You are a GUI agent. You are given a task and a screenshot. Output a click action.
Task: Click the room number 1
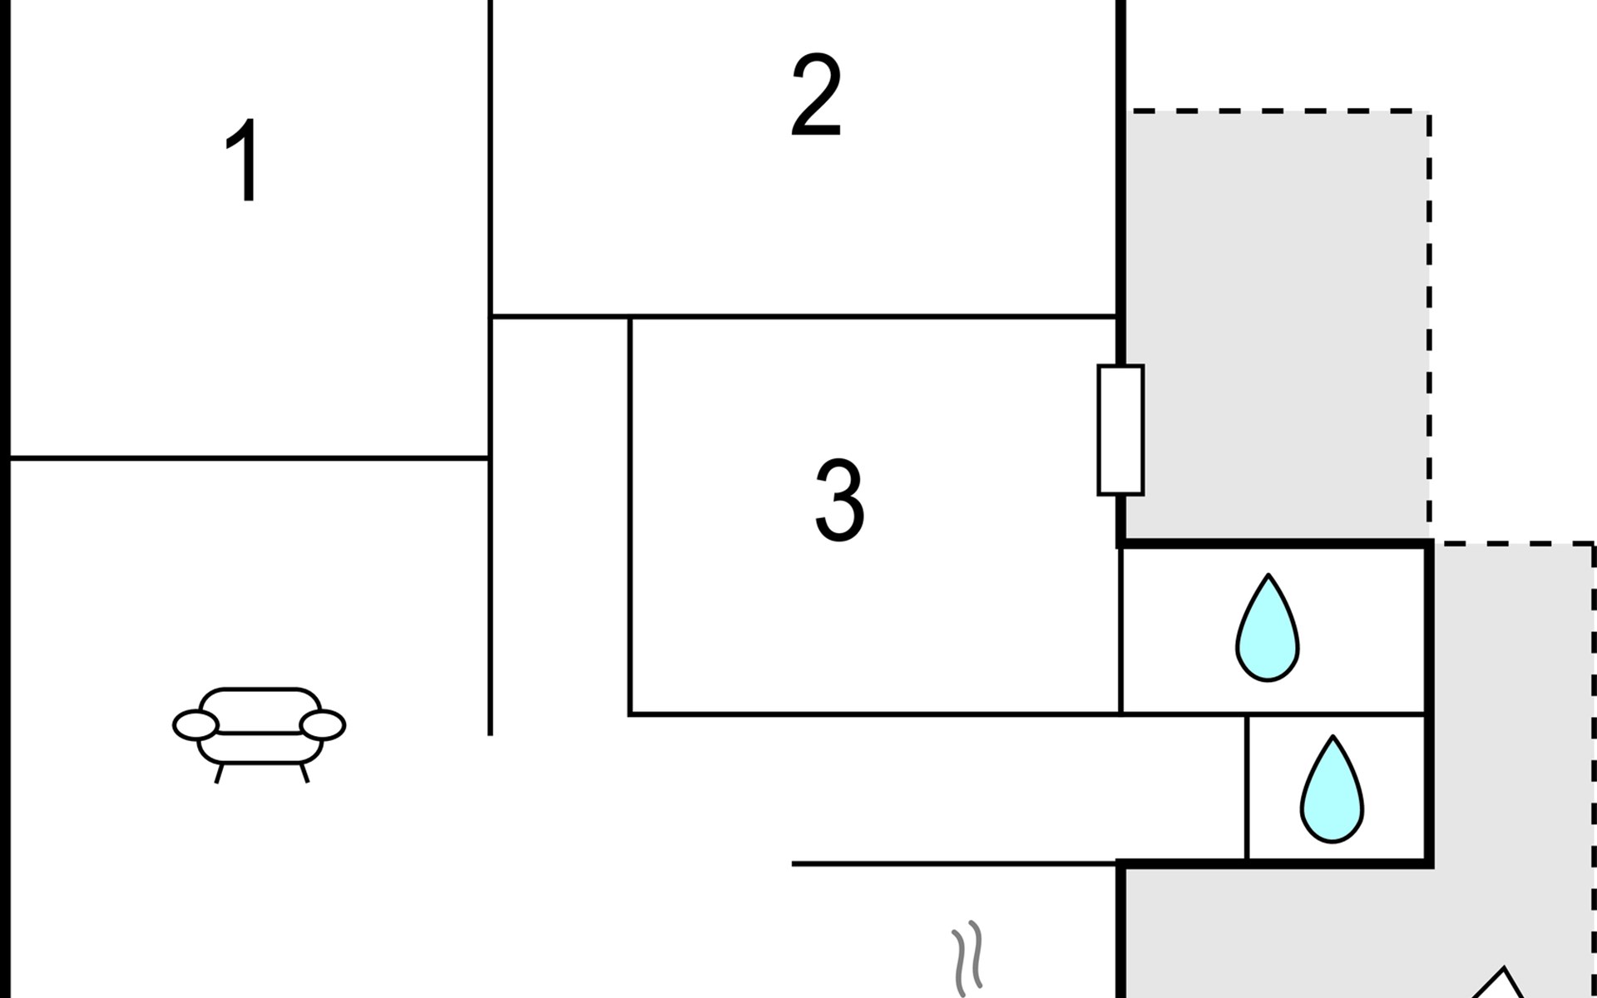(x=243, y=161)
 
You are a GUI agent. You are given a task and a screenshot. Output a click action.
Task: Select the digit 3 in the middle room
(x=839, y=500)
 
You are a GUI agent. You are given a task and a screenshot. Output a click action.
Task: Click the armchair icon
(x=260, y=729)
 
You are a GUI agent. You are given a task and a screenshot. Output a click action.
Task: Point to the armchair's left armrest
(x=195, y=725)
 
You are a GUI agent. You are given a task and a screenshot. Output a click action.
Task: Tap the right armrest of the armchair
(x=323, y=725)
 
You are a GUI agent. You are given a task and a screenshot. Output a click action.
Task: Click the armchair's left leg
(x=219, y=773)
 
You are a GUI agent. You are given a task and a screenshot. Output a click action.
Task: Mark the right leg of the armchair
(x=304, y=773)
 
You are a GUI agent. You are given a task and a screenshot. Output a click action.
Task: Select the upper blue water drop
(x=1267, y=630)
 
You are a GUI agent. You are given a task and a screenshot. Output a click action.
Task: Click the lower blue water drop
(x=1332, y=791)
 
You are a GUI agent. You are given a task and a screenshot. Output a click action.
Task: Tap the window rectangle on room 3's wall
(x=1120, y=430)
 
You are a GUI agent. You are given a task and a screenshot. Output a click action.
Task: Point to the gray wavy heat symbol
(x=967, y=958)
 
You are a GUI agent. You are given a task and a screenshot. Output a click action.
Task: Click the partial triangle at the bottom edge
(x=1502, y=983)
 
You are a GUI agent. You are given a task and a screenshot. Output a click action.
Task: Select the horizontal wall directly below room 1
(x=248, y=457)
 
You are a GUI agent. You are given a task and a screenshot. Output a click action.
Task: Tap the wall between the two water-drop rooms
(x=1337, y=714)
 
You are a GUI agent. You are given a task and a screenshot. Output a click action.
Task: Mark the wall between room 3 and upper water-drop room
(x=1121, y=630)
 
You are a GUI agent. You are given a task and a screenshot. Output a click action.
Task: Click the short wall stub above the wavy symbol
(x=953, y=864)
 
